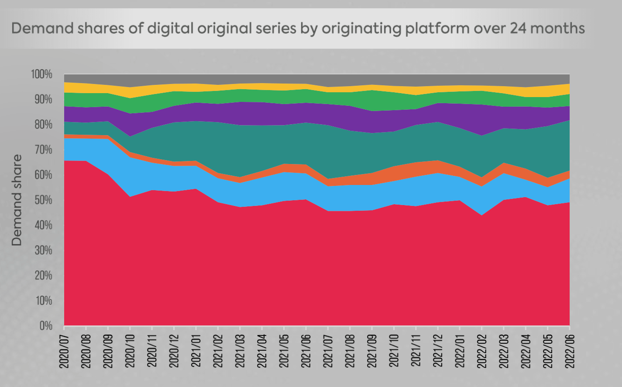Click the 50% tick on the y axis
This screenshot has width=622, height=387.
click(42, 200)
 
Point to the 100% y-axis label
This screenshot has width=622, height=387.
click(41, 75)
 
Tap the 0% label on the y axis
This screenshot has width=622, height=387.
click(45, 326)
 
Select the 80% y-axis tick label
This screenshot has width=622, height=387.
click(42, 125)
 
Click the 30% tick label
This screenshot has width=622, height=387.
click(42, 251)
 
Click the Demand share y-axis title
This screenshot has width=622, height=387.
click(17, 200)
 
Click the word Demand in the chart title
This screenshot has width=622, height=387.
click(42, 29)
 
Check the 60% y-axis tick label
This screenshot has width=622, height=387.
click(42, 175)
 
